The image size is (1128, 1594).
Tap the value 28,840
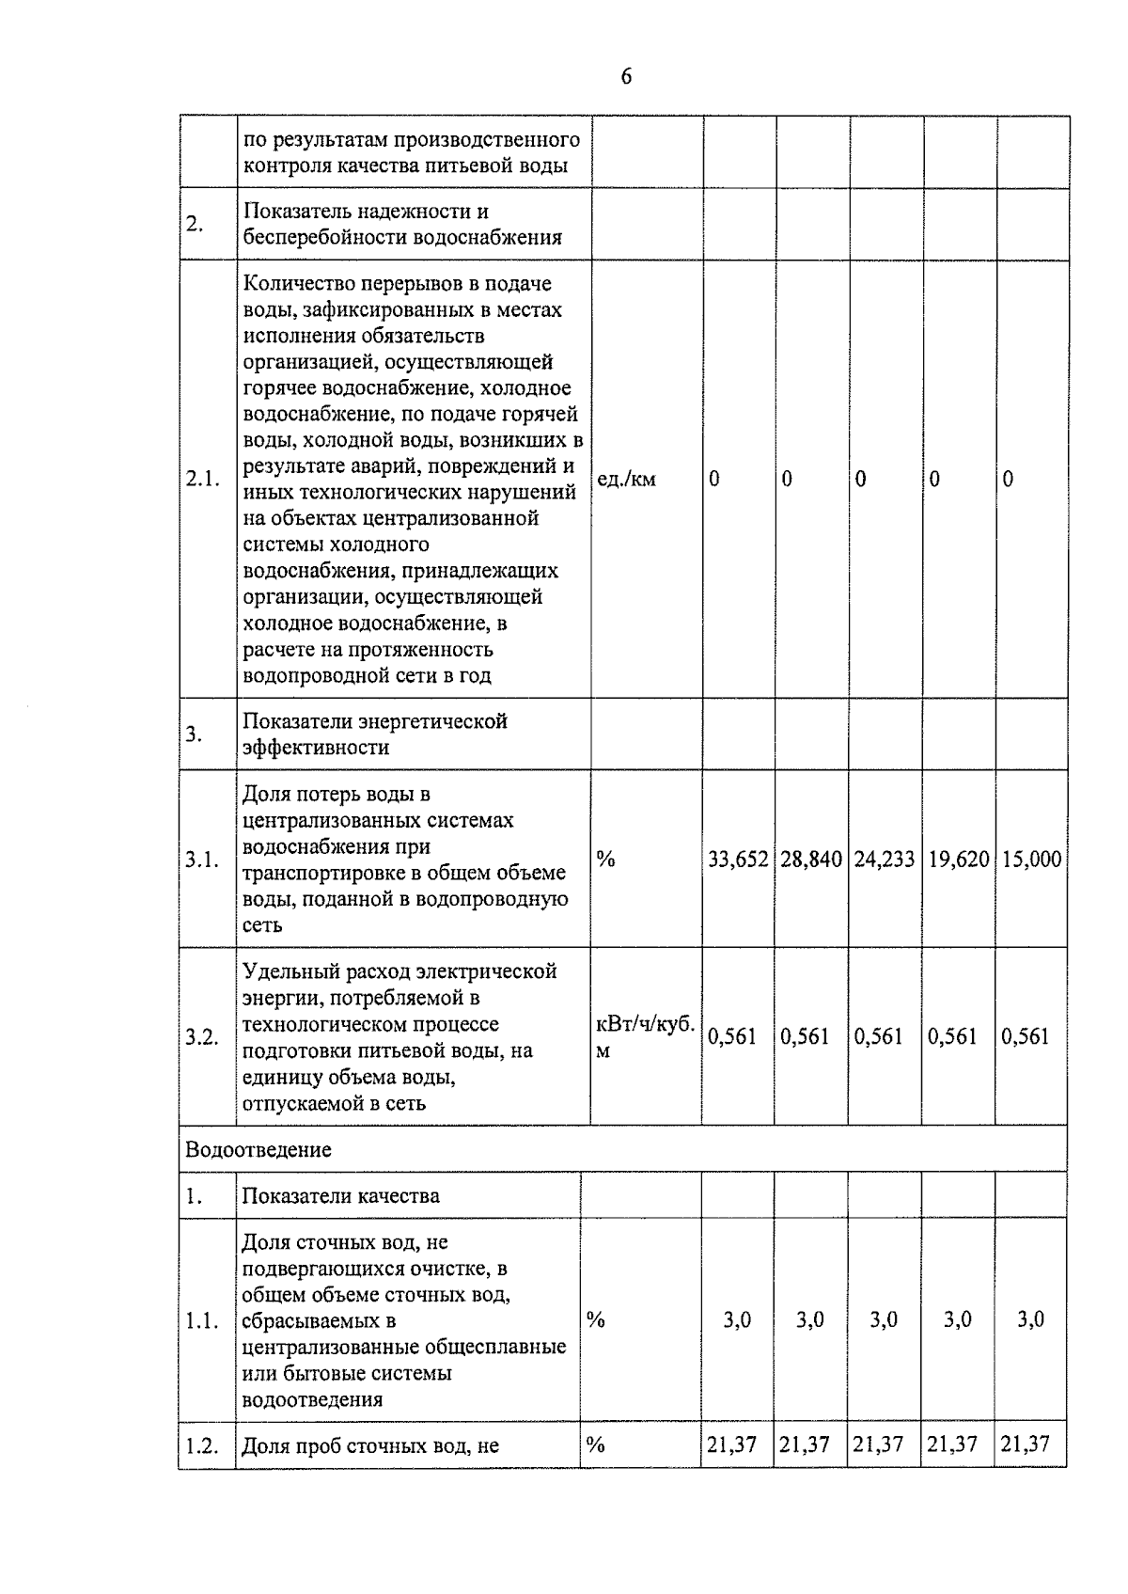click(811, 859)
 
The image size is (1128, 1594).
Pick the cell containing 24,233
click(885, 859)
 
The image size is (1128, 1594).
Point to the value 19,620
click(959, 859)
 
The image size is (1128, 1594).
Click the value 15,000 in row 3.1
click(1032, 859)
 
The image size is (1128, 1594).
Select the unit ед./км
click(626, 480)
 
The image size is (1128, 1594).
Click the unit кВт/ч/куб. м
click(645, 1036)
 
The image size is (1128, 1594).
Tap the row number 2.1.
click(202, 480)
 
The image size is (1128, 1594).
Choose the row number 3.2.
click(201, 1037)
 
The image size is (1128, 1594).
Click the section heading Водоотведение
click(258, 1149)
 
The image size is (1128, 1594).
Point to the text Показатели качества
click(340, 1196)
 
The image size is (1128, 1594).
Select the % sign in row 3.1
click(605, 859)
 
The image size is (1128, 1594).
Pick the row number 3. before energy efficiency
click(194, 734)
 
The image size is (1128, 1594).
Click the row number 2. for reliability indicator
click(194, 225)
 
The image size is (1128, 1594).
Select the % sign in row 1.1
click(595, 1319)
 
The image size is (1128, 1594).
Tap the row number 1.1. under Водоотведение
click(201, 1320)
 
